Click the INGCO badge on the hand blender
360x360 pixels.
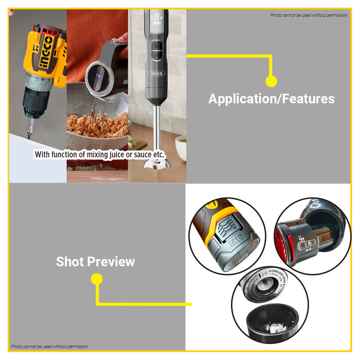[x=156, y=74]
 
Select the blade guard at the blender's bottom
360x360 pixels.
[x=156, y=166]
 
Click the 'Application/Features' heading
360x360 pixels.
[x=271, y=99]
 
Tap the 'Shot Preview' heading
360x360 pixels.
[x=96, y=262]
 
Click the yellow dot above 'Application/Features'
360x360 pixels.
[x=271, y=81]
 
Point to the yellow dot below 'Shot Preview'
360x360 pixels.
[x=96, y=279]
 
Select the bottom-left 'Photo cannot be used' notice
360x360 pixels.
[x=50, y=347]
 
